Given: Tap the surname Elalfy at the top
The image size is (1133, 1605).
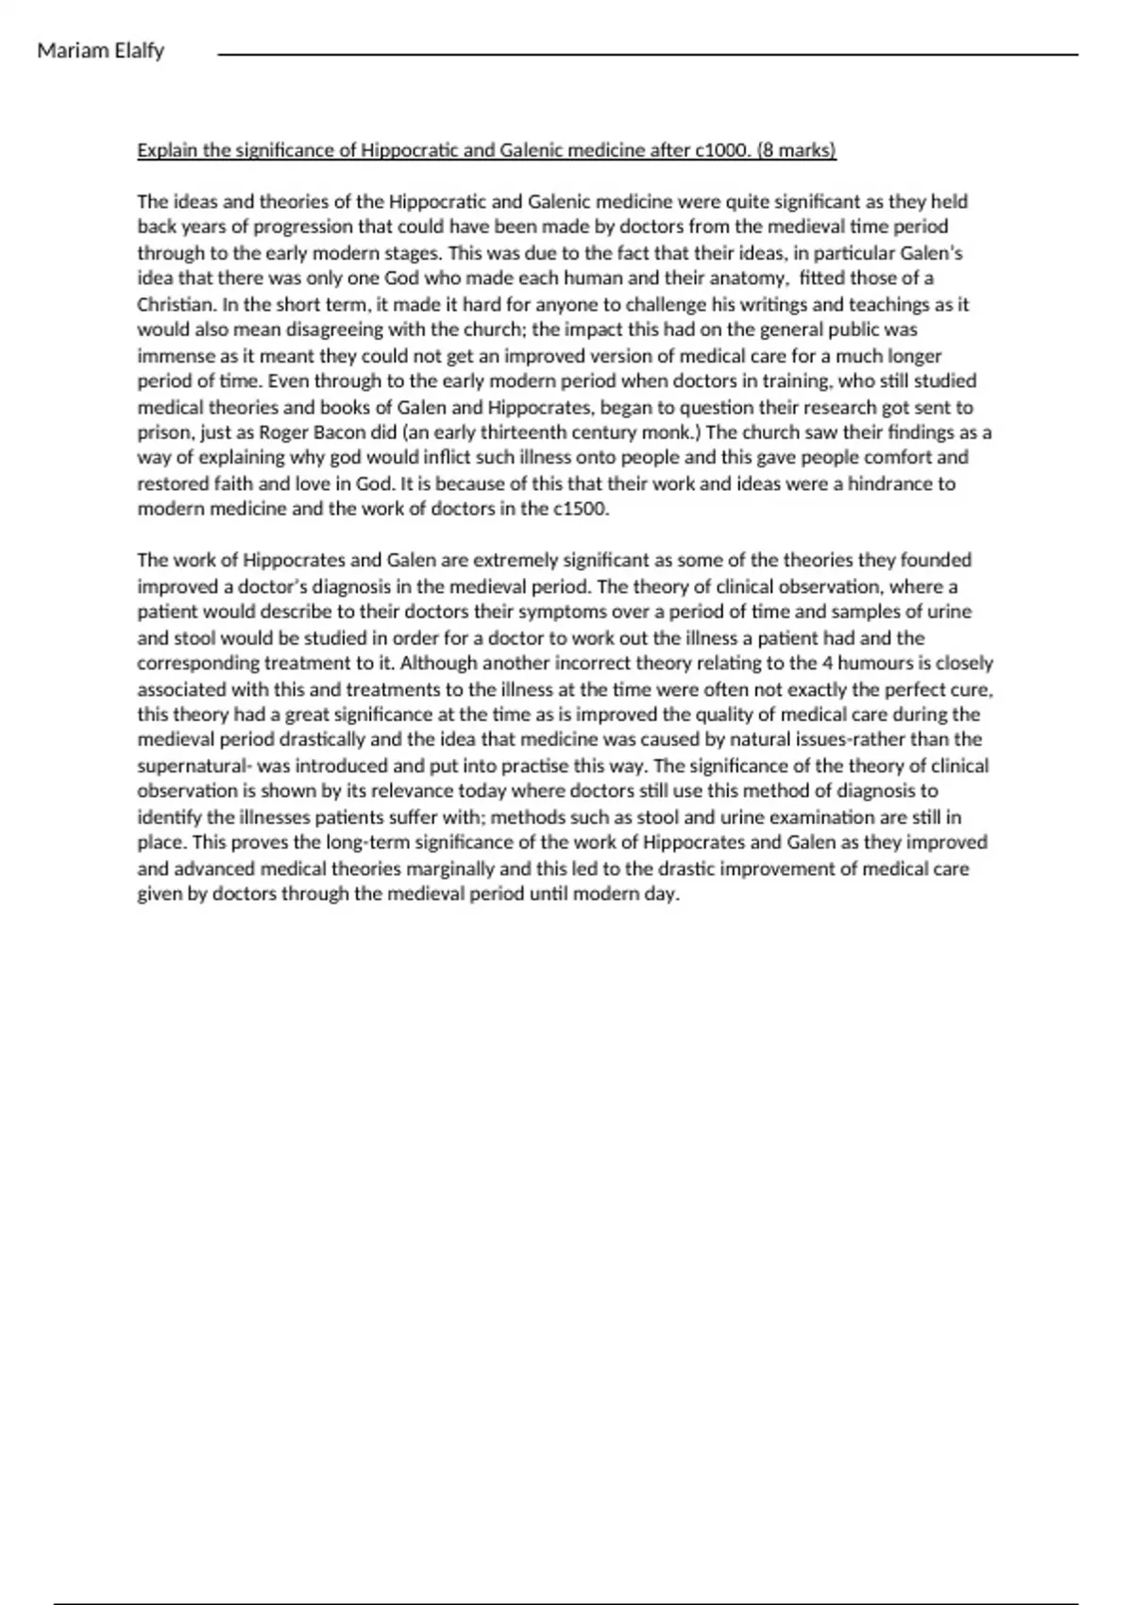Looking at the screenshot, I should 138,51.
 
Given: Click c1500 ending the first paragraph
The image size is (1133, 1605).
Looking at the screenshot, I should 581,509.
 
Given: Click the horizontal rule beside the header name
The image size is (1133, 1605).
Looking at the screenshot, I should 648,55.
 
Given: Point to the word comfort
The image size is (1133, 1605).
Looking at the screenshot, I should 894,458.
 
